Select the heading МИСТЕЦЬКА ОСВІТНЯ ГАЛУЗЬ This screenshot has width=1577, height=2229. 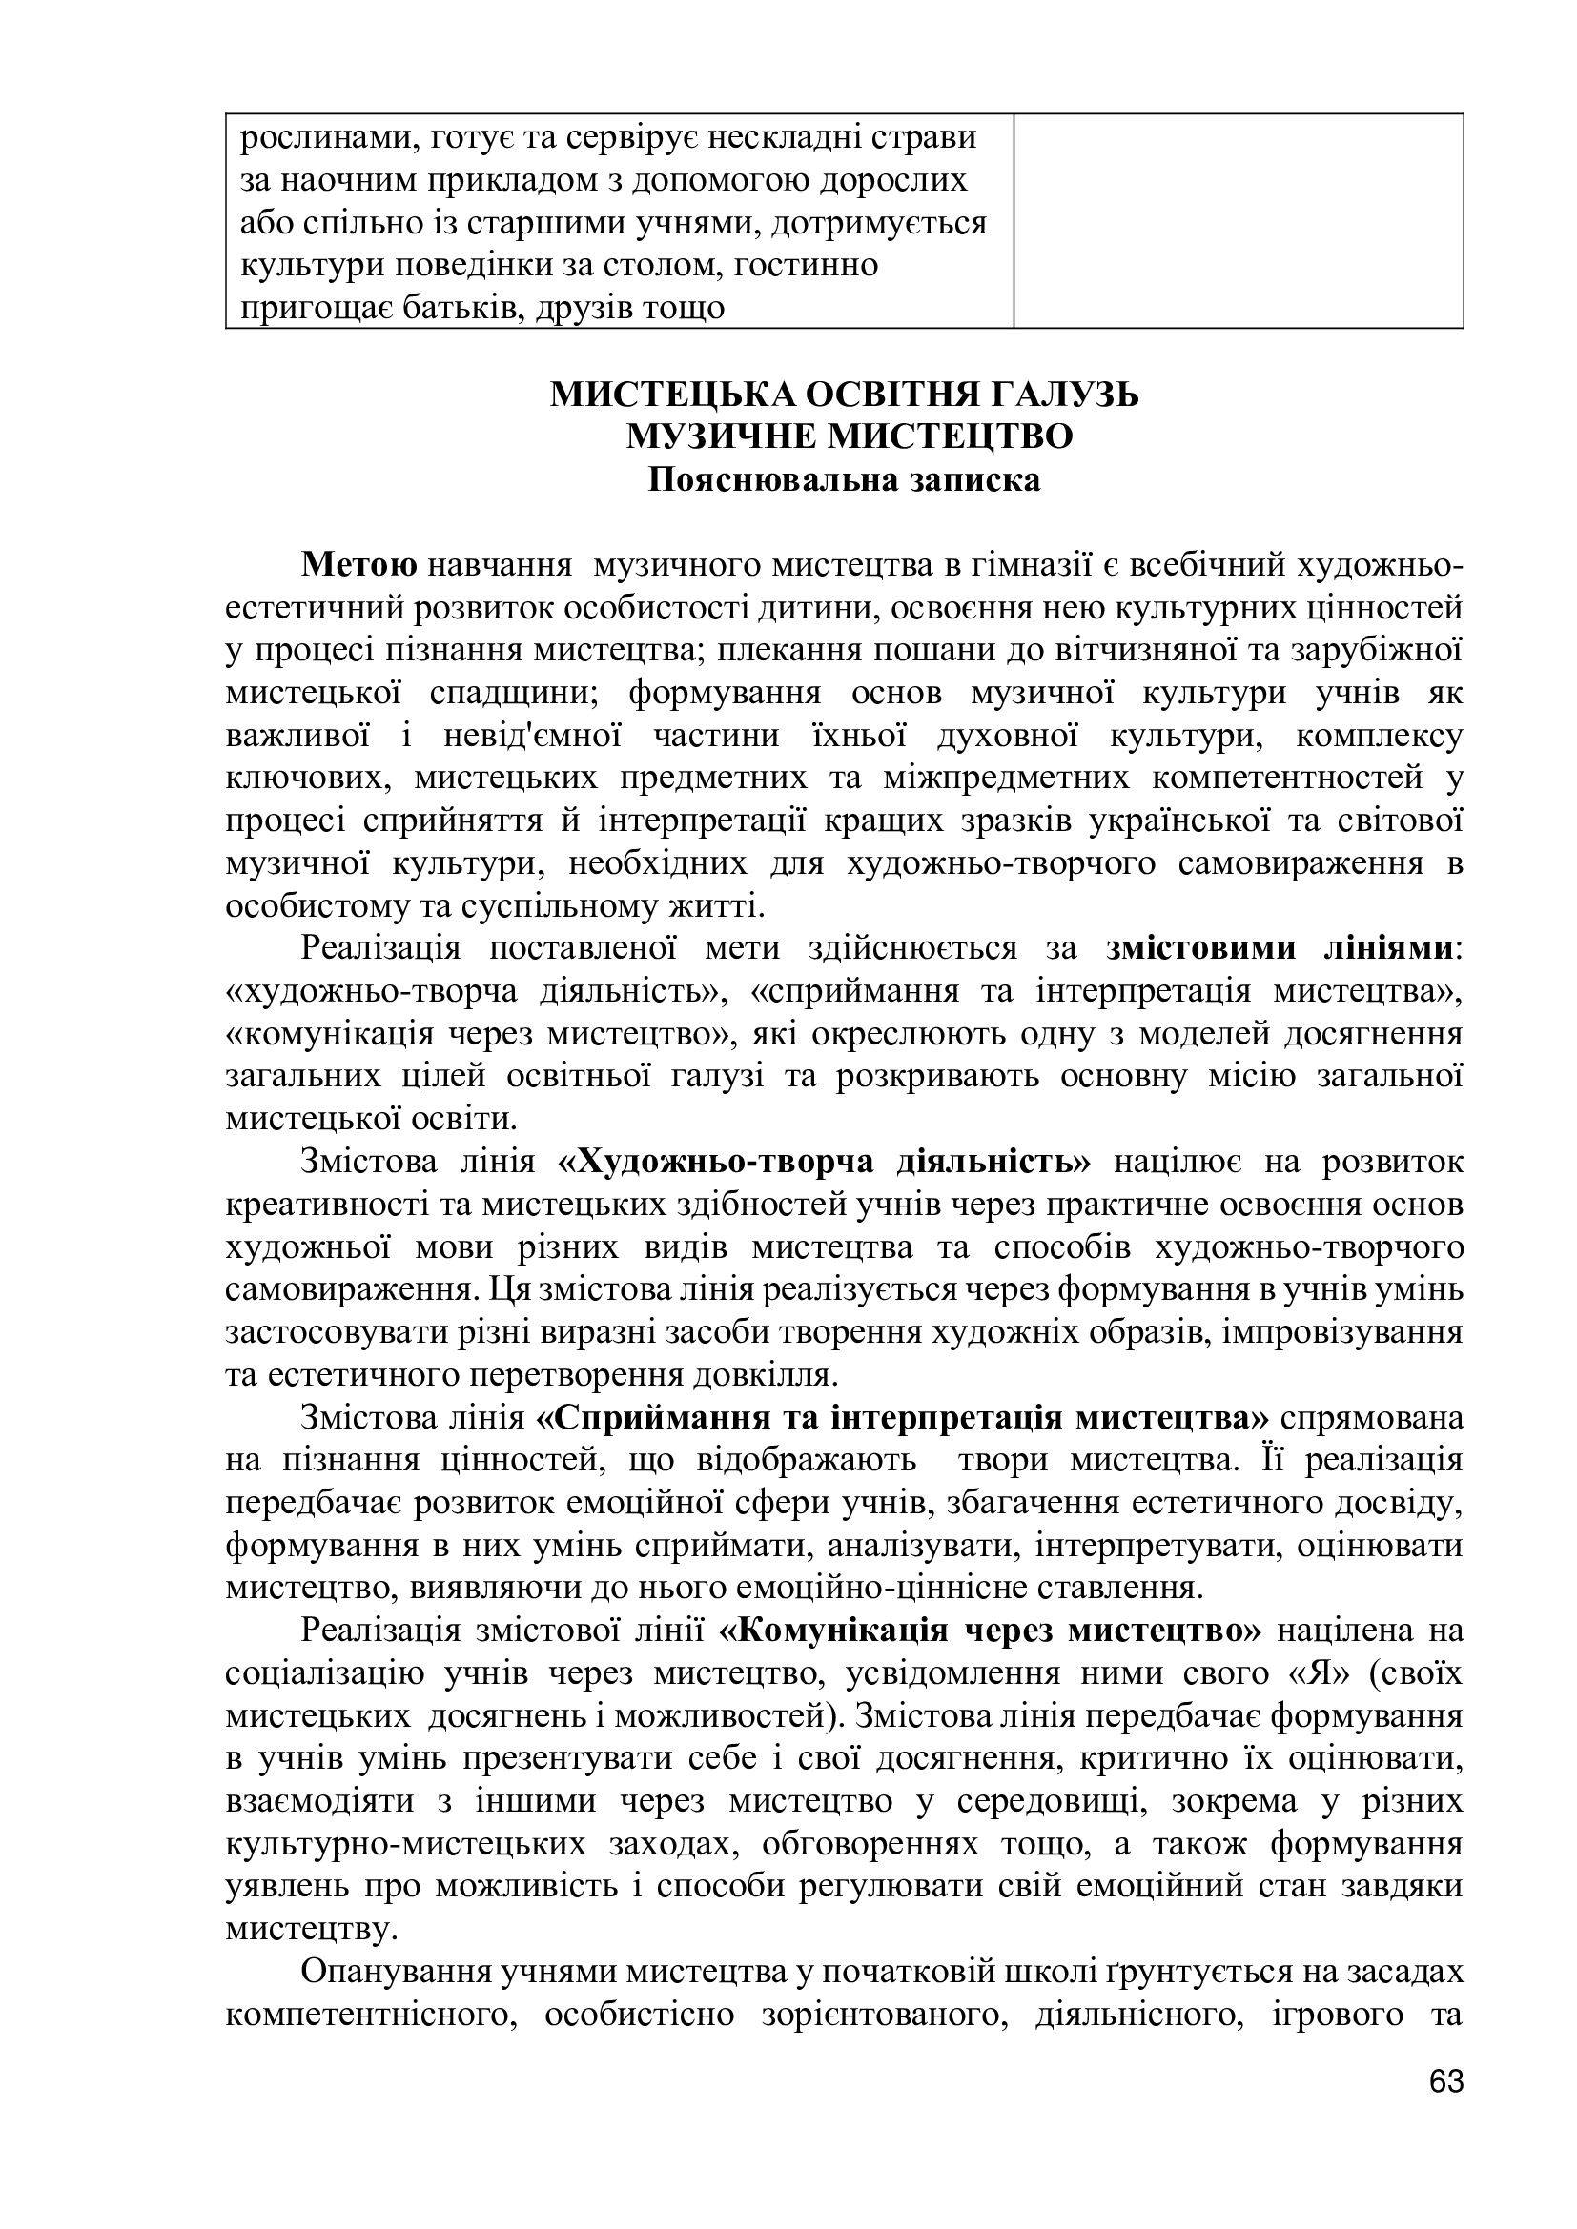(x=844, y=395)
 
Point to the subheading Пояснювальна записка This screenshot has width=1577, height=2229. (x=844, y=479)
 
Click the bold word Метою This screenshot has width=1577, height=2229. (x=359, y=565)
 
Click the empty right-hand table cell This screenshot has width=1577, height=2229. (x=1239, y=220)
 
